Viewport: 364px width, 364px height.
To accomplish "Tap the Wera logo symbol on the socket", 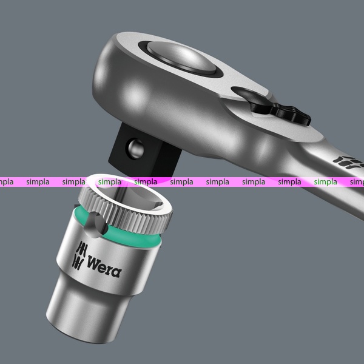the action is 79,256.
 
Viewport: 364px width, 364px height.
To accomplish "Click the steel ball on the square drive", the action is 135,149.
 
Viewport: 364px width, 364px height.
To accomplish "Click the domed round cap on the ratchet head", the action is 181,56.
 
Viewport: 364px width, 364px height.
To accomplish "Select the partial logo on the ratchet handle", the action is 348,162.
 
